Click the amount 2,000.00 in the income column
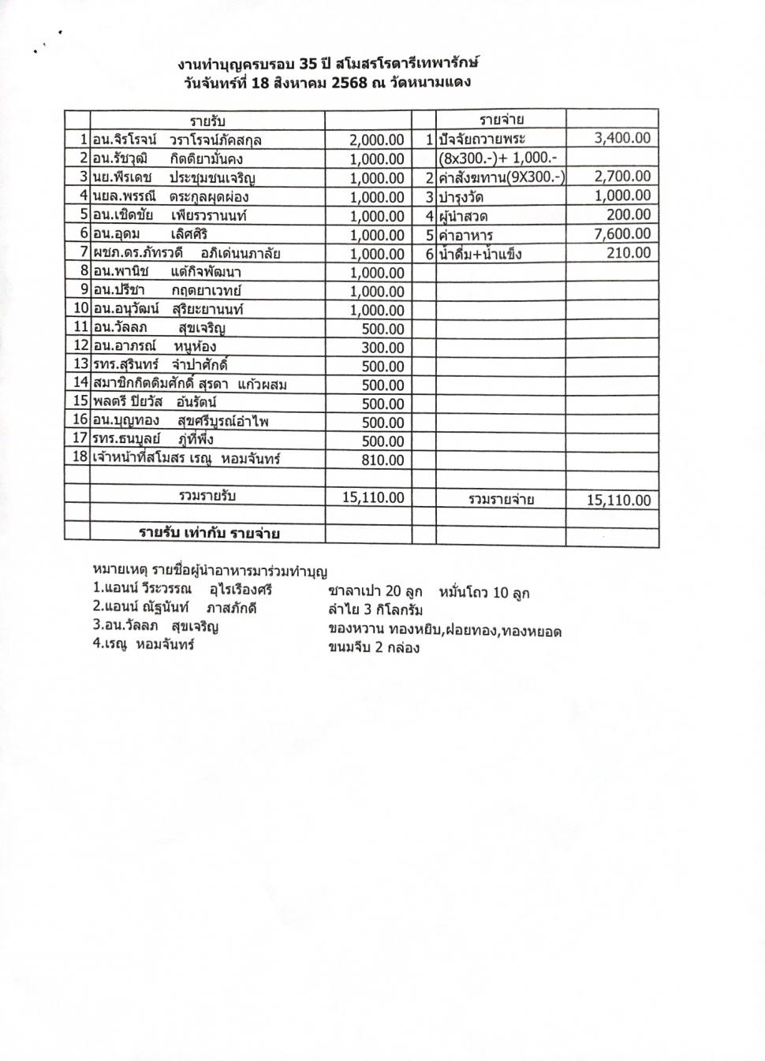point(377,140)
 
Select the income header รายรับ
point(207,121)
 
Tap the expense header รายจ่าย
point(502,120)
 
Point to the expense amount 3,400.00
point(622,138)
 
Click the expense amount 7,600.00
point(622,234)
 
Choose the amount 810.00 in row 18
point(382,460)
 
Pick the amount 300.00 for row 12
point(382,348)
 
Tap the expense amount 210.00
point(629,253)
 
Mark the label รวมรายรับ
point(207,497)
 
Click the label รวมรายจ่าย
point(501,500)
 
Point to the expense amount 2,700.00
point(622,177)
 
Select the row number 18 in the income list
point(80,457)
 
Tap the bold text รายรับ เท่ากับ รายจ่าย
point(209,534)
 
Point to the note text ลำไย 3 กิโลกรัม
point(375,610)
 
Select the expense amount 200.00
point(629,215)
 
